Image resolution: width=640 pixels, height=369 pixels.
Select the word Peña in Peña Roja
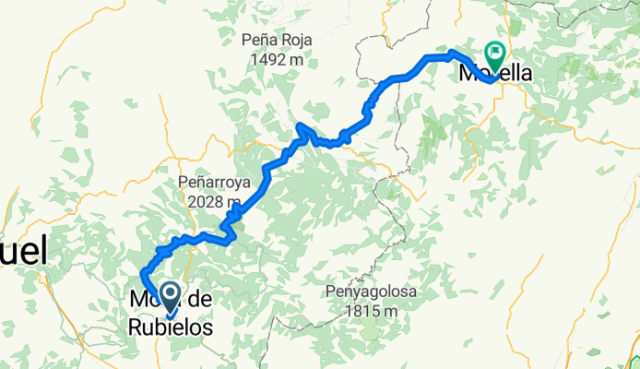point(259,40)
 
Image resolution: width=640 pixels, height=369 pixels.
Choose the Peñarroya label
point(211,183)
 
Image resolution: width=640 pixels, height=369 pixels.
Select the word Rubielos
point(171,327)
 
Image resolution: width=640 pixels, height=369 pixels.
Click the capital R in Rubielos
point(134,327)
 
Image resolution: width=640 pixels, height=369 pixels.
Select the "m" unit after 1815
point(391,311)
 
